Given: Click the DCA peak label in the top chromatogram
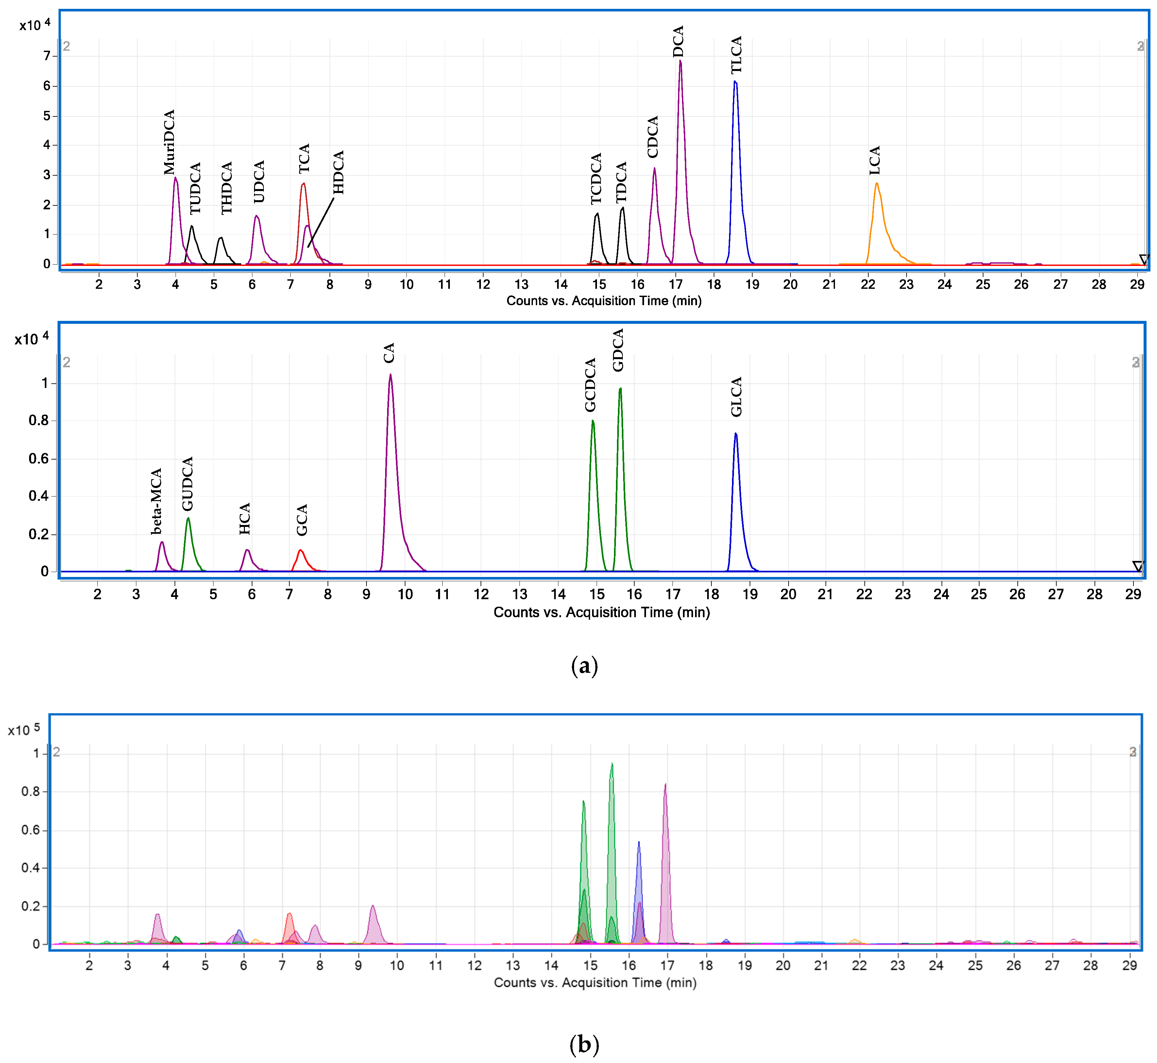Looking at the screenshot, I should click(x=679, y=42).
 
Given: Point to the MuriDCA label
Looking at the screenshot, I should click(x=169, y=142).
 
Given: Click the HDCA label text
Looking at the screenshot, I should click(x=339, y=172).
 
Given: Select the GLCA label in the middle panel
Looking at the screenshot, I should click(x=737, y=397).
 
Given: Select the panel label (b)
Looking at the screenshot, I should click(x=584, y=1044).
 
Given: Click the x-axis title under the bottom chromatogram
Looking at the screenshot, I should click(x=595, y=983).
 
